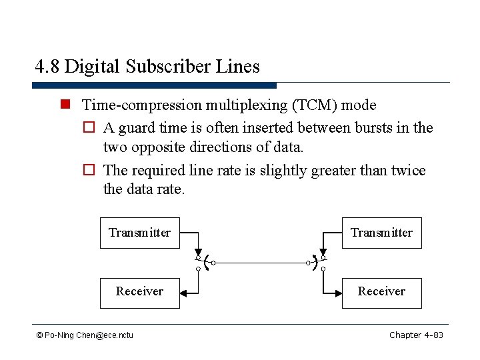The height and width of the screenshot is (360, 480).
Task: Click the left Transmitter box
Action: coord(139,233)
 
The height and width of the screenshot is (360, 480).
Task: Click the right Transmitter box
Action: coord(381,233)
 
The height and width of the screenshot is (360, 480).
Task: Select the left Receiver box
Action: coord(139,292)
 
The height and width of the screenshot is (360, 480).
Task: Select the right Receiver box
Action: coord(381,292)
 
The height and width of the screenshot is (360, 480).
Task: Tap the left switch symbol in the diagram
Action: coord(203,263)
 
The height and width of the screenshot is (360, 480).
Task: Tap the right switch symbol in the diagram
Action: coord(318,263)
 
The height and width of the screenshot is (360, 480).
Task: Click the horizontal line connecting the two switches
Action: coord(260,263)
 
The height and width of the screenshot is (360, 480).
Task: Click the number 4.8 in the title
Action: coord(47,67)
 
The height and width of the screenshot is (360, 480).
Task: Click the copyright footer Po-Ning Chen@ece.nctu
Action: coord(85,335)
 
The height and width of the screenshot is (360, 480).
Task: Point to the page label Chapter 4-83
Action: coord(416,335)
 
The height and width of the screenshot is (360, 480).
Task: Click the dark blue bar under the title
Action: coord(154,85)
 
